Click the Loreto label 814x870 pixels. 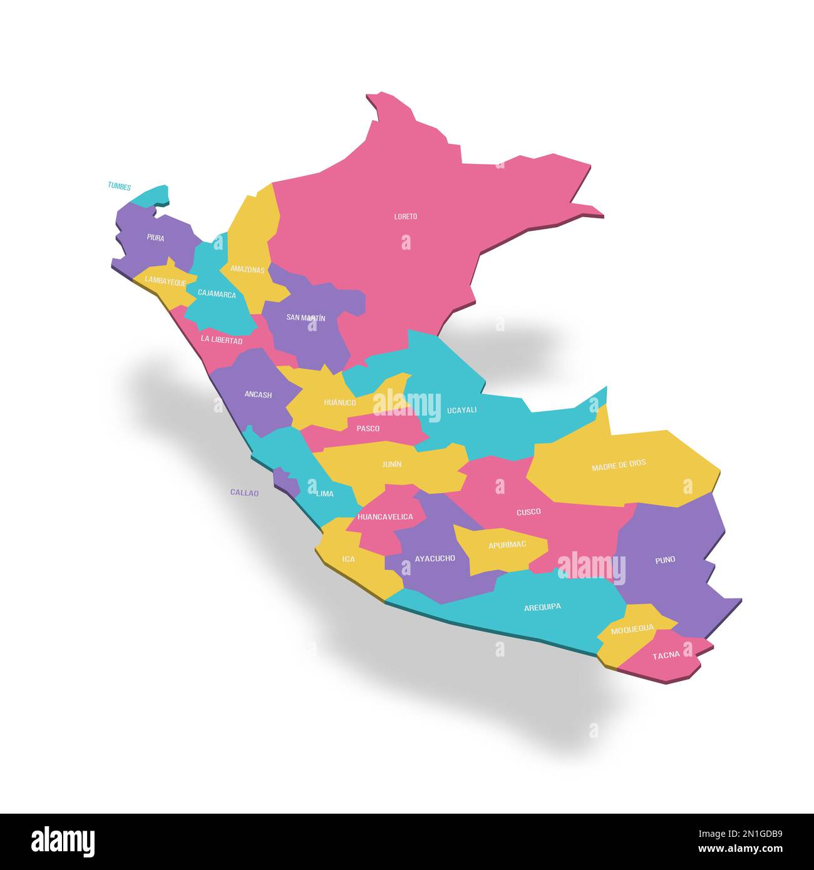pyautogui.click(x=405, y=217)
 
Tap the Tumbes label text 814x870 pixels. pyautogui.click(x=119, y=186)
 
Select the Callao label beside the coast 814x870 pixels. pyautogui.click(x=244, y=493)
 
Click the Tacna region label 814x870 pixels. pyautogui.click(x=666, y=656)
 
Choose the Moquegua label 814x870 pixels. pyautogui.click(x=632, y=628)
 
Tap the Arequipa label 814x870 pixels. pyautogui.click(x=542, y=606)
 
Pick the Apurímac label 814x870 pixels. pyautogui.click(x=507, y=545)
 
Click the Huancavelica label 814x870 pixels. pyautogui.click(x=384, y=517)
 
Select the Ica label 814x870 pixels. pyautogui.click(x=349, y=559)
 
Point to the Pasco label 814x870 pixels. pyautogui.click(x=368, y=429)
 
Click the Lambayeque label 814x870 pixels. pyautogui.click(x=165, y=282)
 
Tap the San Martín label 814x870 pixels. pyautogui.click(x=306, y=318)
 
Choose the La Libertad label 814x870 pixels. pyautogui.click(x=221, y=340)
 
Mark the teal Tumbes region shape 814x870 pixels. pyautogui.click(x=153, y=196)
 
